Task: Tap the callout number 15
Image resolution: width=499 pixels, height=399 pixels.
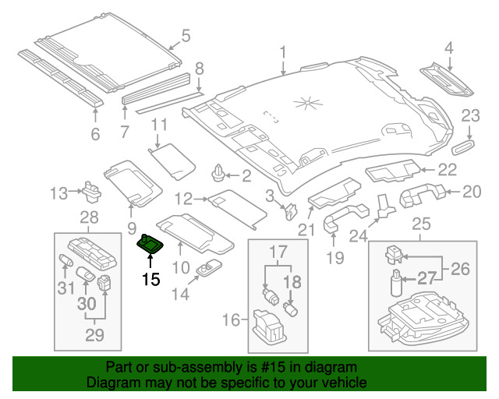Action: coord(150,278)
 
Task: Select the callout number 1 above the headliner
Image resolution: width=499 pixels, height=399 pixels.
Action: coord(284,52)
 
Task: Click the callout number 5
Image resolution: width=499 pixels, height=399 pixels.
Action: coord(186,35)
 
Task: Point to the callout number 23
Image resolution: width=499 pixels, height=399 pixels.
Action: coord(469,116)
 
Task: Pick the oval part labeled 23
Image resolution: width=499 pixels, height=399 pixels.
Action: coord(467,145)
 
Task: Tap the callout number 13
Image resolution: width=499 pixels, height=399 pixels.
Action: coord(60,192)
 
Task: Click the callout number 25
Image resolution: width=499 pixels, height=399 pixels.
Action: coord(420,225)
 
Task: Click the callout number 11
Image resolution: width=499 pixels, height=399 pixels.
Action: coord(159,124)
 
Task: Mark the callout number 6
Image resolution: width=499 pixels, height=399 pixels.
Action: coord(96,135)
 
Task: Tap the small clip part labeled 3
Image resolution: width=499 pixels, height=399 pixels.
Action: coord(290,208)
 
